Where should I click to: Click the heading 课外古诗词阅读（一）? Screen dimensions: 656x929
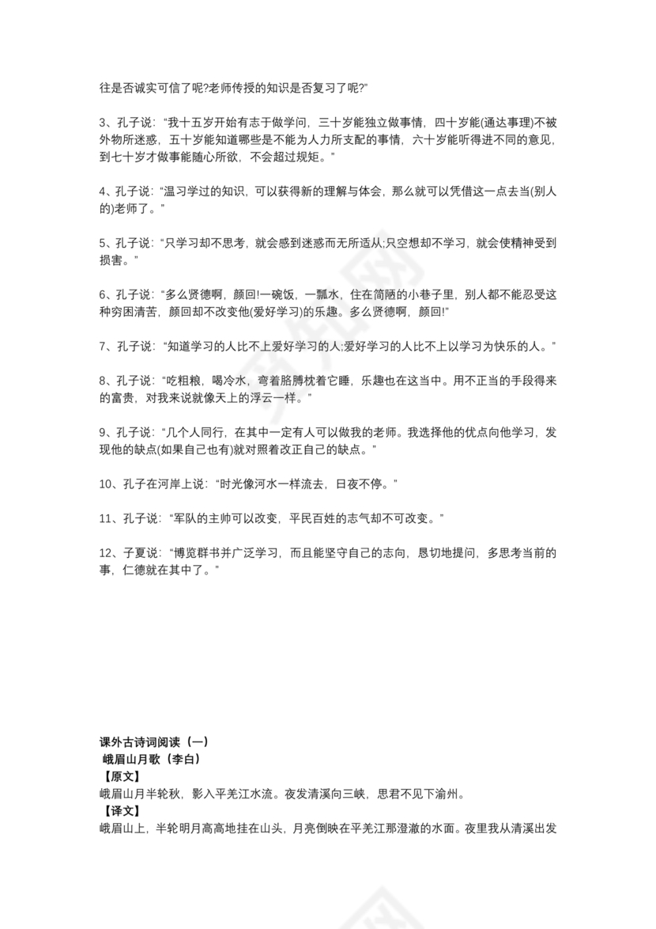(153, 742)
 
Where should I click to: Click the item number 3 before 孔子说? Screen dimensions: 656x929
(103, 123)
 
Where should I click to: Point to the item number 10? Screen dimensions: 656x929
(107, 483)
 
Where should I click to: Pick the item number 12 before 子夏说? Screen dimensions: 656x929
(107, 552)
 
